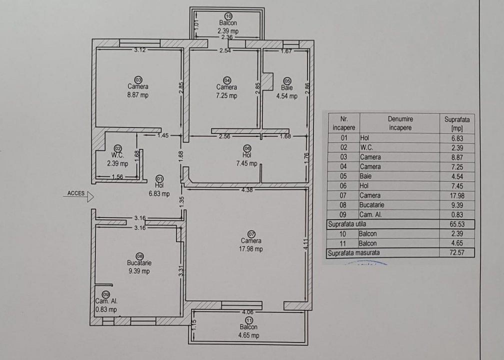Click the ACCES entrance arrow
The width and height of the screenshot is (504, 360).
90,196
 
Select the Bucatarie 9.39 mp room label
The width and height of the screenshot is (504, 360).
139,266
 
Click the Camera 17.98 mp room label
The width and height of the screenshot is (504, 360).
251,244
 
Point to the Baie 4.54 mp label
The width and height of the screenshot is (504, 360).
286,92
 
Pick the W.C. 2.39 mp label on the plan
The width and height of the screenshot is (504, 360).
117,159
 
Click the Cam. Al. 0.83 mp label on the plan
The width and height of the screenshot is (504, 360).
106,305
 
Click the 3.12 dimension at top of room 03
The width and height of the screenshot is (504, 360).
139,49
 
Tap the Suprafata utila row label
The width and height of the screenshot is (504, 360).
346,224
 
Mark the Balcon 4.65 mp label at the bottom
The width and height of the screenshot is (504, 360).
248,331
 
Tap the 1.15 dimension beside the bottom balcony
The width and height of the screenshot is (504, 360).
194,325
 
